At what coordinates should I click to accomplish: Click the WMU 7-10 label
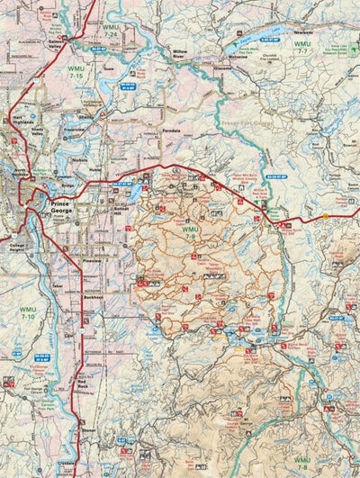point(27,312)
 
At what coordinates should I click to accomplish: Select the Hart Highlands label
point(22,122)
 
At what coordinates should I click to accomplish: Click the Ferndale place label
point(178,131)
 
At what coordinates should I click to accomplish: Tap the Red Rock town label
point(86,384)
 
